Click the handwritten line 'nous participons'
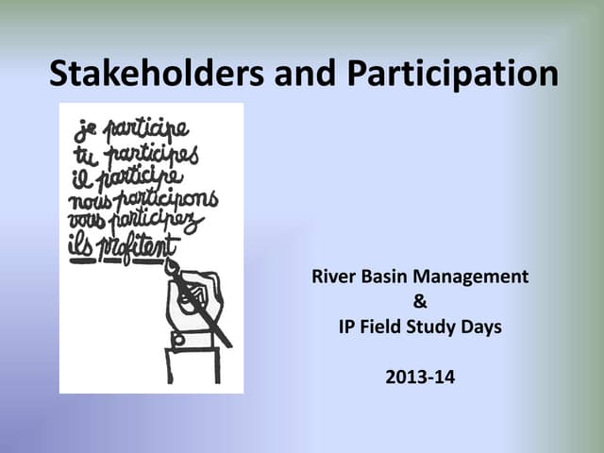142,200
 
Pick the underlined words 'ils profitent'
124,248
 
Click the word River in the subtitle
331,277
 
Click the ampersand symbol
420,303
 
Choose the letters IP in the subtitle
345,328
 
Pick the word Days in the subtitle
481,328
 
